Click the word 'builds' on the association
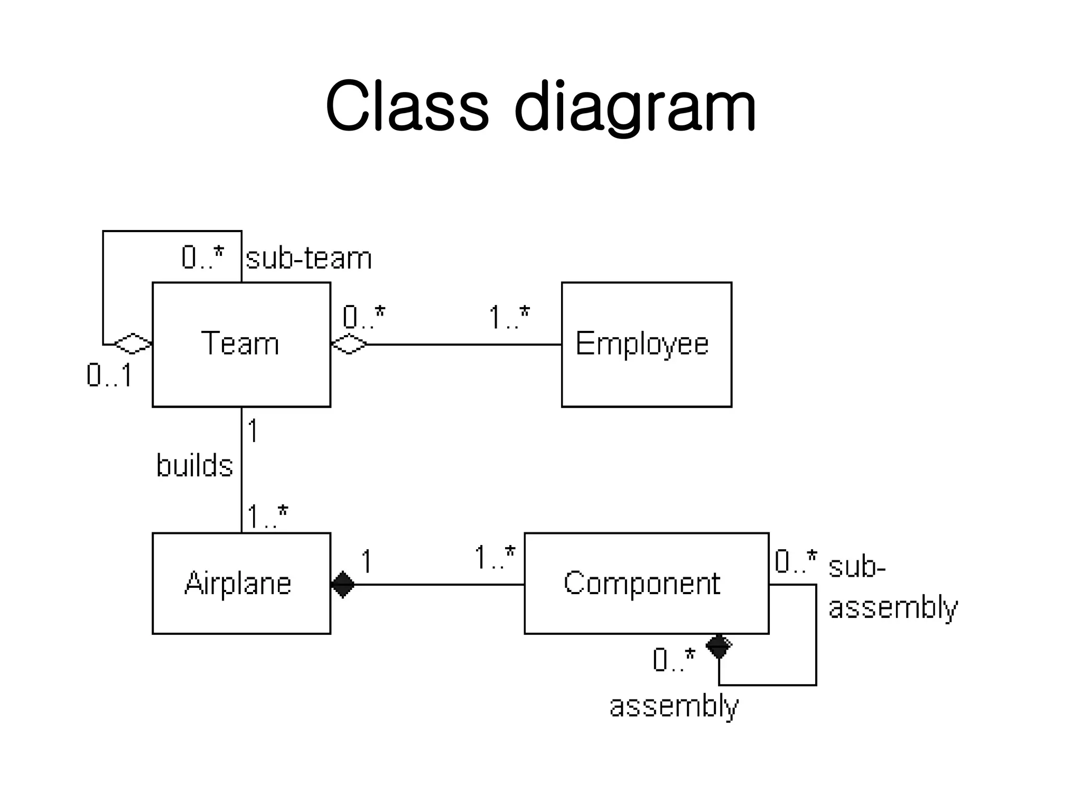[194, 466]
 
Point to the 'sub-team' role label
[309, 259]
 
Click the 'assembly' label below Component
[674, 706]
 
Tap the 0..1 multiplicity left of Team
[109, 376]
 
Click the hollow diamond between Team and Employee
[349, 344]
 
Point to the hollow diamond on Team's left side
[133, 344]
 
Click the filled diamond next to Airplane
[343, 584]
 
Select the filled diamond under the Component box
[719, 645]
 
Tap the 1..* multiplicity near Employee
[509, 318]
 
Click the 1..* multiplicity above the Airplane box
[267, 516]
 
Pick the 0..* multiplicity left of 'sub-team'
[203, 258]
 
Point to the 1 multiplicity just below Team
[253, 430]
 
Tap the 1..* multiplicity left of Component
[495, 558]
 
